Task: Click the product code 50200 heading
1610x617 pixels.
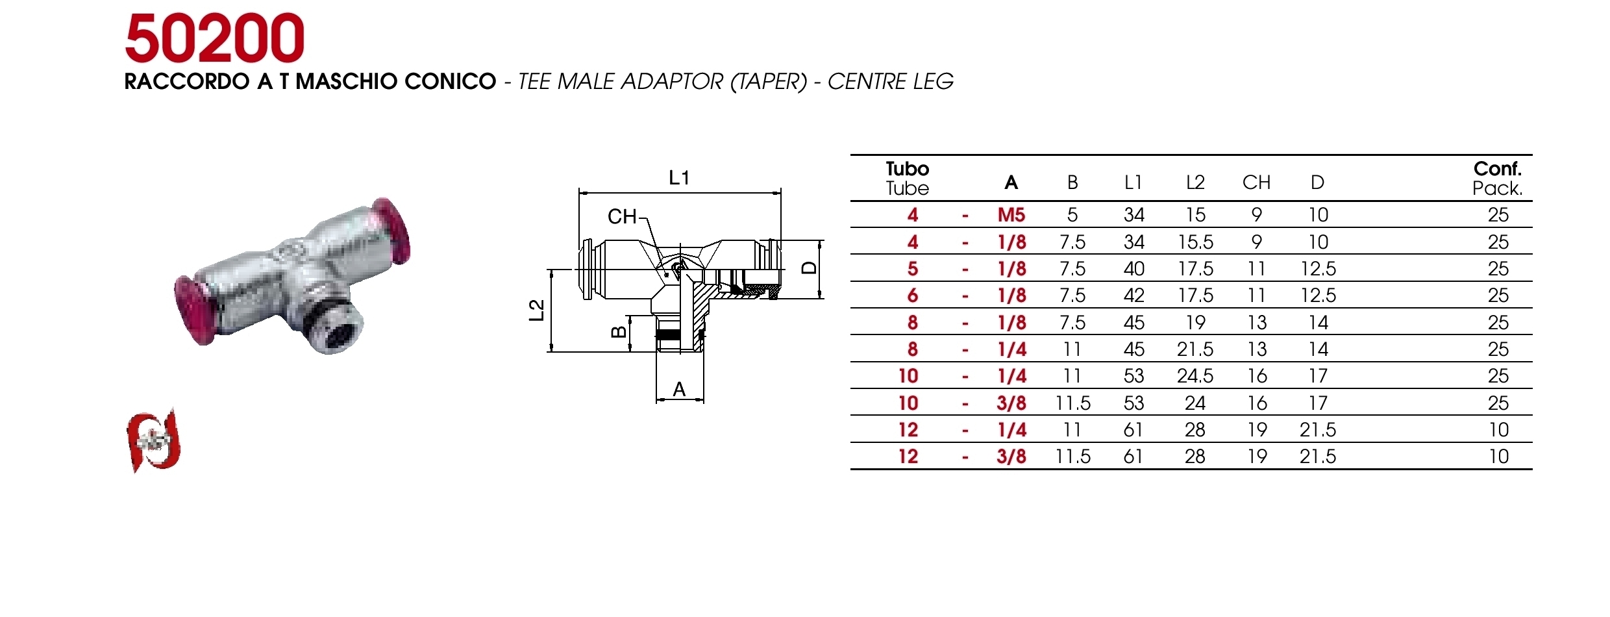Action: click(x=214, y=39)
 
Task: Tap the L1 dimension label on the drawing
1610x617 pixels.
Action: click(x=679, y=177)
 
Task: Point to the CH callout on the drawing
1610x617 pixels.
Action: click(x=622, y=216)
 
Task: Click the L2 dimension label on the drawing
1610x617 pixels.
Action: click(x=536, y=310)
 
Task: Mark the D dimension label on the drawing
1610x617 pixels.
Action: click(x=809, y=268)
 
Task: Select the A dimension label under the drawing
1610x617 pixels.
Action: click(x=679, y=390)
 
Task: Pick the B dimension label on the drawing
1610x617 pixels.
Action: click(x=619, y=332)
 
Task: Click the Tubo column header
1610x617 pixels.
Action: click(x=907, y=169)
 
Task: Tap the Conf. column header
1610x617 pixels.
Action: click(x=1497, y=169)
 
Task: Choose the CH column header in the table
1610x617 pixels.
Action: click(x=1256, y=183)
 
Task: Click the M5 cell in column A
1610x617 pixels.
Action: click(x=1011, y=215)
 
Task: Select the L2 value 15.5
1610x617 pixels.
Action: click(x=1195, y=242)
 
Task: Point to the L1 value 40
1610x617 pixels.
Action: click(x=1133, y=269)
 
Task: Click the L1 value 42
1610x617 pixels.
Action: click(x=1133, y=296)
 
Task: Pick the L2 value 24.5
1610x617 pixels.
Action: click(x=1195, y=376)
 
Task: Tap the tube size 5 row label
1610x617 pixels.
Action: click(x=912, y=269)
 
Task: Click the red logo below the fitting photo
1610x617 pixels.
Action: click(x=153, y=442)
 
